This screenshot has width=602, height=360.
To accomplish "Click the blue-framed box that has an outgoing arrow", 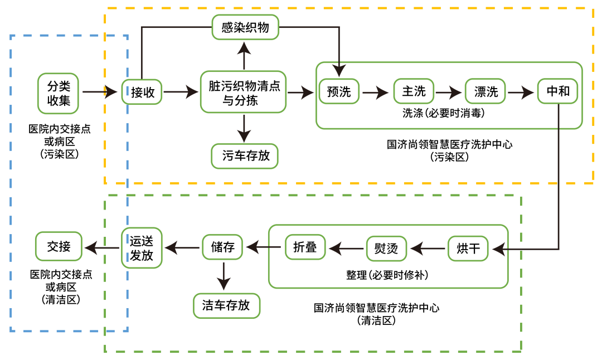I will pos(58,94).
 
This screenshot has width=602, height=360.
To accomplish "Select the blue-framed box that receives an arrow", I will pos(59,246).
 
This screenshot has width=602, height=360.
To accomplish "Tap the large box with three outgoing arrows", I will pos(243,92).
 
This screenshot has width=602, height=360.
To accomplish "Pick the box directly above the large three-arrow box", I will pos(245,27).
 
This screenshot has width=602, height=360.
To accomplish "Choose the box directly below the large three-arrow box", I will pos(245,156).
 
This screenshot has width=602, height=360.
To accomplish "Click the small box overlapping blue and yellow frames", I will pos(142,92).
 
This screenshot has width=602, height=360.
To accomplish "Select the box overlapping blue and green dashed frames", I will pos(142,248).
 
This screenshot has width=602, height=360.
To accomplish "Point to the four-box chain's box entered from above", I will pos(339,91).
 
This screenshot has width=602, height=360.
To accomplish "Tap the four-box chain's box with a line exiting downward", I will pos(557,91).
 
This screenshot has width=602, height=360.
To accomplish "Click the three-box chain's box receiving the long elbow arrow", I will pos(468,249).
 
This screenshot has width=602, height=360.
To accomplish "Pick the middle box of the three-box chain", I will pos(386,249).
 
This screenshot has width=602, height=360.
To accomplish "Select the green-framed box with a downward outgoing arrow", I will pos(222,247).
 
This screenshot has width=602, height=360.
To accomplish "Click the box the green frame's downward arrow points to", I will pos(227,306).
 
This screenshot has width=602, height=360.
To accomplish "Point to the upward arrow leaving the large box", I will pos(244,56).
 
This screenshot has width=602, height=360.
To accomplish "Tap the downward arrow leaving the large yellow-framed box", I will pos(244,129).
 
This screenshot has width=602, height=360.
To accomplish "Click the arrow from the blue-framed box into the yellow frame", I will pos(100,92).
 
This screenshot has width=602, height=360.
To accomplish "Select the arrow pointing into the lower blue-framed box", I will pos(101,248).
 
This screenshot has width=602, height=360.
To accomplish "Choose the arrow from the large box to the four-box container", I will pos(301,93).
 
